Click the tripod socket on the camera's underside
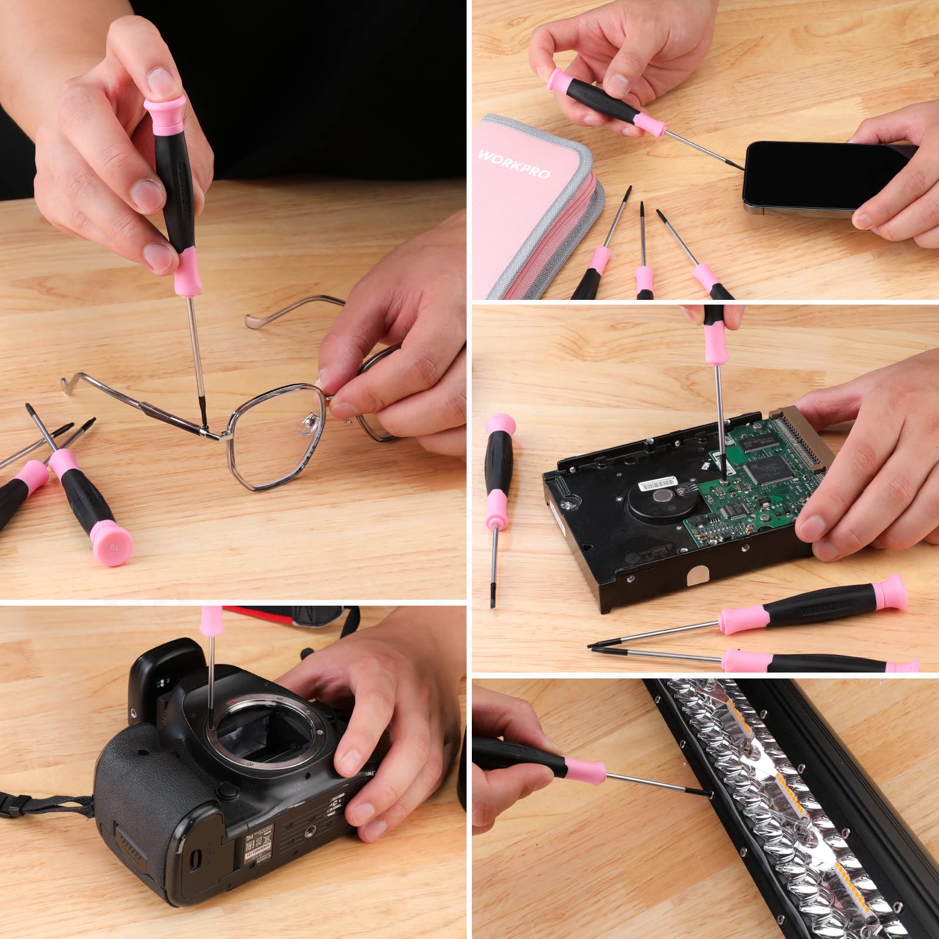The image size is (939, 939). coord(310,829)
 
